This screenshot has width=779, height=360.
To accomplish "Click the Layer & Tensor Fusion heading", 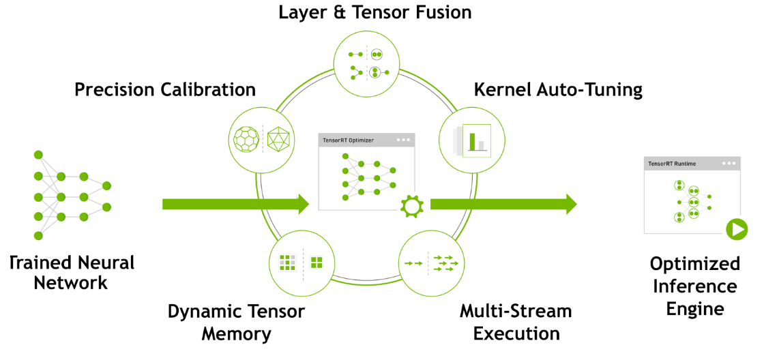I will (x=374, y=12).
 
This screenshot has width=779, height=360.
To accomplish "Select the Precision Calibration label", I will (x=164, y=89).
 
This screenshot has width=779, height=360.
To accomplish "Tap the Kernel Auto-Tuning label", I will (x=558, y=89).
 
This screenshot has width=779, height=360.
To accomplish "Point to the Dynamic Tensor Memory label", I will (x=236, y=322).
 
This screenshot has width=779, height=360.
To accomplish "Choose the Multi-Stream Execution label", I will (x=516, y=322).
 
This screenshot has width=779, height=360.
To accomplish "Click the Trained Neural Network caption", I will (x=72, y=273).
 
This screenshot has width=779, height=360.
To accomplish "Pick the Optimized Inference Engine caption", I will (x=694, y=286).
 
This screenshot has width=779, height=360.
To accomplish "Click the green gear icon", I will (x=411, y=206).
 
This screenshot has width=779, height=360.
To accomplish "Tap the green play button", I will (x=737, y=229).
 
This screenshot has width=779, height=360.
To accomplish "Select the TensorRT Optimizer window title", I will (x=347, y=140).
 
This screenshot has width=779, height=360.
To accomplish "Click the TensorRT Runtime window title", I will (x=673, y=164).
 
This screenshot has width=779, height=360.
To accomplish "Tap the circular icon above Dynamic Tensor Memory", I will (x=299, y=262).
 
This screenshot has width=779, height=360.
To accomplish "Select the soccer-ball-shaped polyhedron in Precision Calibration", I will (x=246, y=140).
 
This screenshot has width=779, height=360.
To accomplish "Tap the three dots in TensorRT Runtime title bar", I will (x=729, y=164).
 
